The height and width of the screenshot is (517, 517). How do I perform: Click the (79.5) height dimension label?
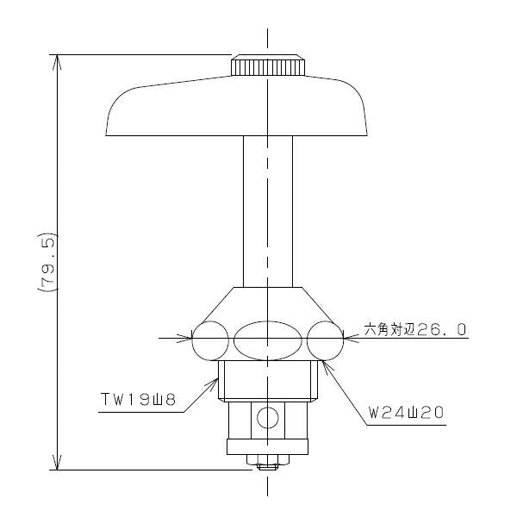tap(48, 263)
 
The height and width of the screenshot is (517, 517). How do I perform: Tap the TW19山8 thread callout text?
tap(138, 400)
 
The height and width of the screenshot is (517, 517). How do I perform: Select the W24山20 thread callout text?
tap(406, 413)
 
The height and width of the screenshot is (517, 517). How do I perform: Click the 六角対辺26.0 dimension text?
tap(415, 329)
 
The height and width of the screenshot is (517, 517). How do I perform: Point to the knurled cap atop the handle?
tap(268, 65)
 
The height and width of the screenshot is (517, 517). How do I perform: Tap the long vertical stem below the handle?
tap(268, 211)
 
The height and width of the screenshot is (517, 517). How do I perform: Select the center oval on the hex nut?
tap(268, 340)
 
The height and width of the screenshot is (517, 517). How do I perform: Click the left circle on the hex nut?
tap(210, 340)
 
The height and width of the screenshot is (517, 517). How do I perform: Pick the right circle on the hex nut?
tap(325, 340)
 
